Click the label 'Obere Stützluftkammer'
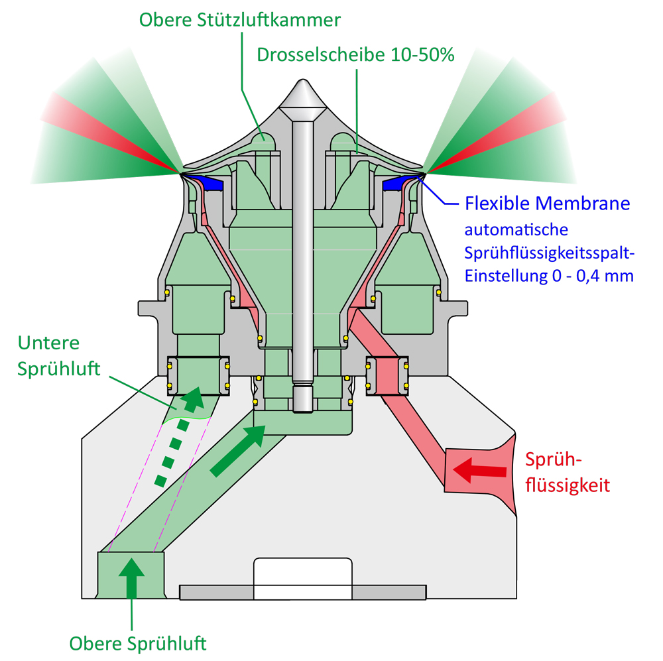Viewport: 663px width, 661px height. coord(240,20)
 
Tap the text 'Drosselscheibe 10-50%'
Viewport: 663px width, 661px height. coord(355,54)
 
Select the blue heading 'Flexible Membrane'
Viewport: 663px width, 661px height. coord(547,204)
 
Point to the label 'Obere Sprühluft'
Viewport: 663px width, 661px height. coord(138,644)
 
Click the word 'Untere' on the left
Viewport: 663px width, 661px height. coord(48,343)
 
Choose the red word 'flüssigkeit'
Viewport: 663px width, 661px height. coord(568,485)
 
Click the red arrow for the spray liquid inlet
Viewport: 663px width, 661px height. coord(479,470)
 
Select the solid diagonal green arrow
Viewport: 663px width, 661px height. coord(237,451)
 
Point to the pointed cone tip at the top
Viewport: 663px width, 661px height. coord(303,80)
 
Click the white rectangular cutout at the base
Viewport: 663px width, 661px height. coord(303,578)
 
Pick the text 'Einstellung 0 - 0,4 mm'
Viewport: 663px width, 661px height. coord(549,276)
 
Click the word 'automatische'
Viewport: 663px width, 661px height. coord(516,229)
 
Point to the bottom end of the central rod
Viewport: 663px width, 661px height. coord(303,411)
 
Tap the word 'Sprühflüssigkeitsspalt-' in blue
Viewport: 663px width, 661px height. coord(549,253)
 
